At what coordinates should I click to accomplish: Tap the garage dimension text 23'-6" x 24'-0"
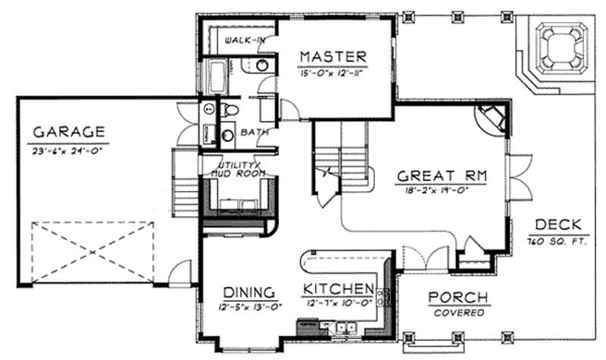(69, 151)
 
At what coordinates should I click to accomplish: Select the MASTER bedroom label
(333, 56)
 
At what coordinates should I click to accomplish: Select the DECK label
(558, 224)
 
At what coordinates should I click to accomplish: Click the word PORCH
(458, 297)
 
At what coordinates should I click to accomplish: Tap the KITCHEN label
(339, 290)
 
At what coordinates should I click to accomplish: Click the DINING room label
(248, 292)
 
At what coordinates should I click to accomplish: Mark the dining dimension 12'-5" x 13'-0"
(248, 308)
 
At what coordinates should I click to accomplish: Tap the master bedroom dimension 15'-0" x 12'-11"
(333, 72)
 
